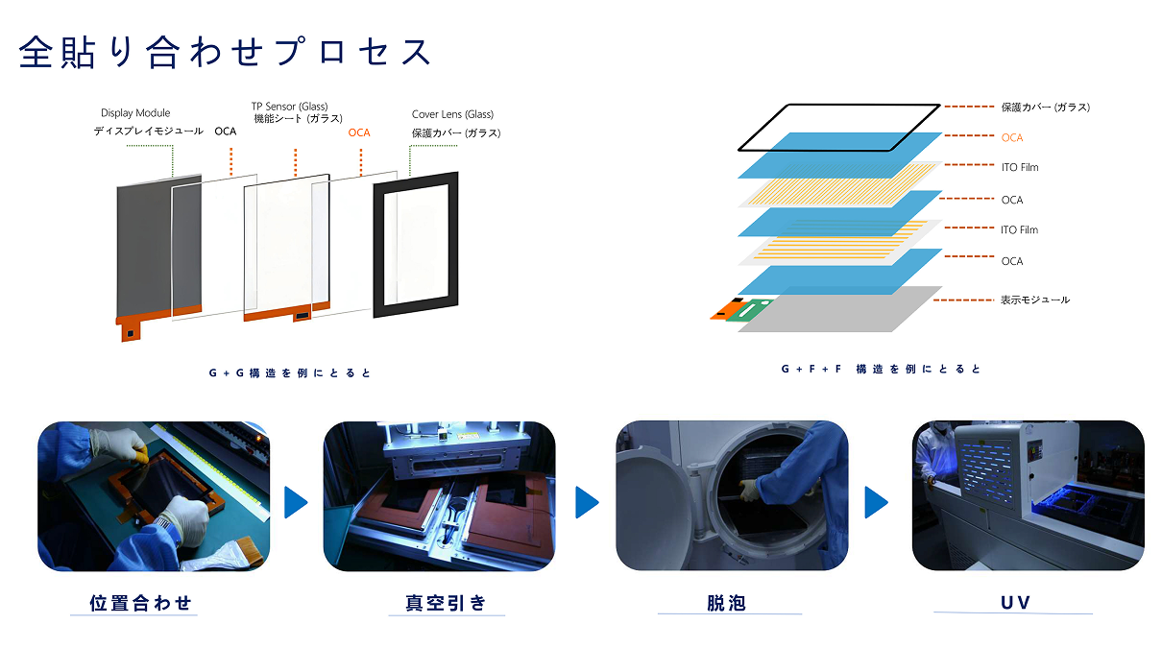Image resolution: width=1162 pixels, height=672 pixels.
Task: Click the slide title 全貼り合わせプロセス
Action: pyautogui.click(x=225, y=52)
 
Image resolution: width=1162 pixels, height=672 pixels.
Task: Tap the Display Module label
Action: pyautogui.click(x=135, y=113)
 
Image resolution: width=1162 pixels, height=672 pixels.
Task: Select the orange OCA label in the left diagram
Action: pyautogui.click(x=358, y=132)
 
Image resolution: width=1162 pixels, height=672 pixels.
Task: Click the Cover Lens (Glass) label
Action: pyautogui.click(x=452, y=114)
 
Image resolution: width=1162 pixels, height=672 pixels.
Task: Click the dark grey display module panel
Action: pyautogui.click(x=144, y=250)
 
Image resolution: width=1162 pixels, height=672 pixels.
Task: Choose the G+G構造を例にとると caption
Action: pyautogui.click(x=290, y=372)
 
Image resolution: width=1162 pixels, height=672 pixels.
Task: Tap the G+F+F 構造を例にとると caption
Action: pyautogui.click(x=881, y=369)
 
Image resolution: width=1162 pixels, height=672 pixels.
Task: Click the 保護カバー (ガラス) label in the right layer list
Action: pyautogui.click(x=1045, y=108)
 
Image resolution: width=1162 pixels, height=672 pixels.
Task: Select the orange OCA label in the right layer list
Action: pyautogui.click(x=1012, y=138)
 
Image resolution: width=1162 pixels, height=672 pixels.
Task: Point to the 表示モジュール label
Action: pyautogui.click(x=1034, y=300)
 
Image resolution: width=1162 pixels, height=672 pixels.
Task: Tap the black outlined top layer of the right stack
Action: pyautogui.click(x=839, y=127)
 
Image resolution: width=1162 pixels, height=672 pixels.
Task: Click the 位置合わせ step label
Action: pyautogui.click(x=141, y=603)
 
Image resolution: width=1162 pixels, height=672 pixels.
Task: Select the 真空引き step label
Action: pyautogui.click(x=447, y=603)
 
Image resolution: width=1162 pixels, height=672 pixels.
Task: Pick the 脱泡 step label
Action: pyautogui.click(x=726, y=603)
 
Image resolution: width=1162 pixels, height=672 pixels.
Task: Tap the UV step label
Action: pyautogui.click(x=1014, y=603)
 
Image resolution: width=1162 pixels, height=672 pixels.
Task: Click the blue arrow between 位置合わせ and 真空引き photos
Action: pyautogui.click(x=296, y=502)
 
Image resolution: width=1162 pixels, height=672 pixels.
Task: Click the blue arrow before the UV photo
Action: pyautogui.click(x=875, y=502)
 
